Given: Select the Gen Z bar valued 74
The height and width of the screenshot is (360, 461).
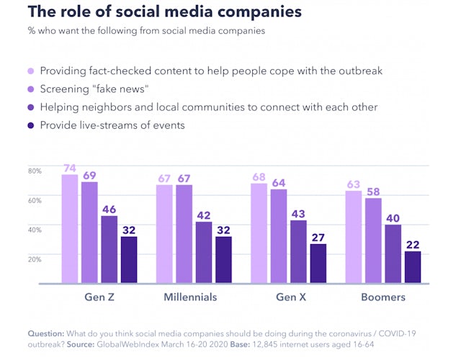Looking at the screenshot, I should point(70,229).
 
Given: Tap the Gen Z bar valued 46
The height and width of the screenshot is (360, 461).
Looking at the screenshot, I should point(109,249).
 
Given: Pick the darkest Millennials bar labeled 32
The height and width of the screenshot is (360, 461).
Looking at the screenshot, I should point(223,259).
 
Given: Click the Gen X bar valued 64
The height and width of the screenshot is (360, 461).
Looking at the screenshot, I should point(279,236).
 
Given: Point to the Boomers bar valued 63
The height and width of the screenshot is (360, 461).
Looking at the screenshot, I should point(354,237).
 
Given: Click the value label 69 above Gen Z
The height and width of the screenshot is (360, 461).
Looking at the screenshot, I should point(89,175).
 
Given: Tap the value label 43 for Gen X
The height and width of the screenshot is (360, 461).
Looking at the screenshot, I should point(298,213).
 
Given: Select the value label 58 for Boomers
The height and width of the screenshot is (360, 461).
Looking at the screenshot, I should point(373,192).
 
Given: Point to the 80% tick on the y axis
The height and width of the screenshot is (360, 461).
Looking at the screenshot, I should point(35,171).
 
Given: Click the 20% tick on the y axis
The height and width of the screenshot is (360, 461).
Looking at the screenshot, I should point(35,258).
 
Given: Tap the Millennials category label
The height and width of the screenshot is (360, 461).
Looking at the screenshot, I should point(190,297).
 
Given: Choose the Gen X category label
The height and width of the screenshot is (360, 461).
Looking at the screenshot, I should point(289,297).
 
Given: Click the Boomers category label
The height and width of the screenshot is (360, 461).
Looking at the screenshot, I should point(383,297).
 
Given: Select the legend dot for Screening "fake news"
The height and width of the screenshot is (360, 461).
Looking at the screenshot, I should point(31,89).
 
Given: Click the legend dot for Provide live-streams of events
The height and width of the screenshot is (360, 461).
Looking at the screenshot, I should point(31,125).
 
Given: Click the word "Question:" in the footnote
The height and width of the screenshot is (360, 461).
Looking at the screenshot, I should point(45,334).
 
